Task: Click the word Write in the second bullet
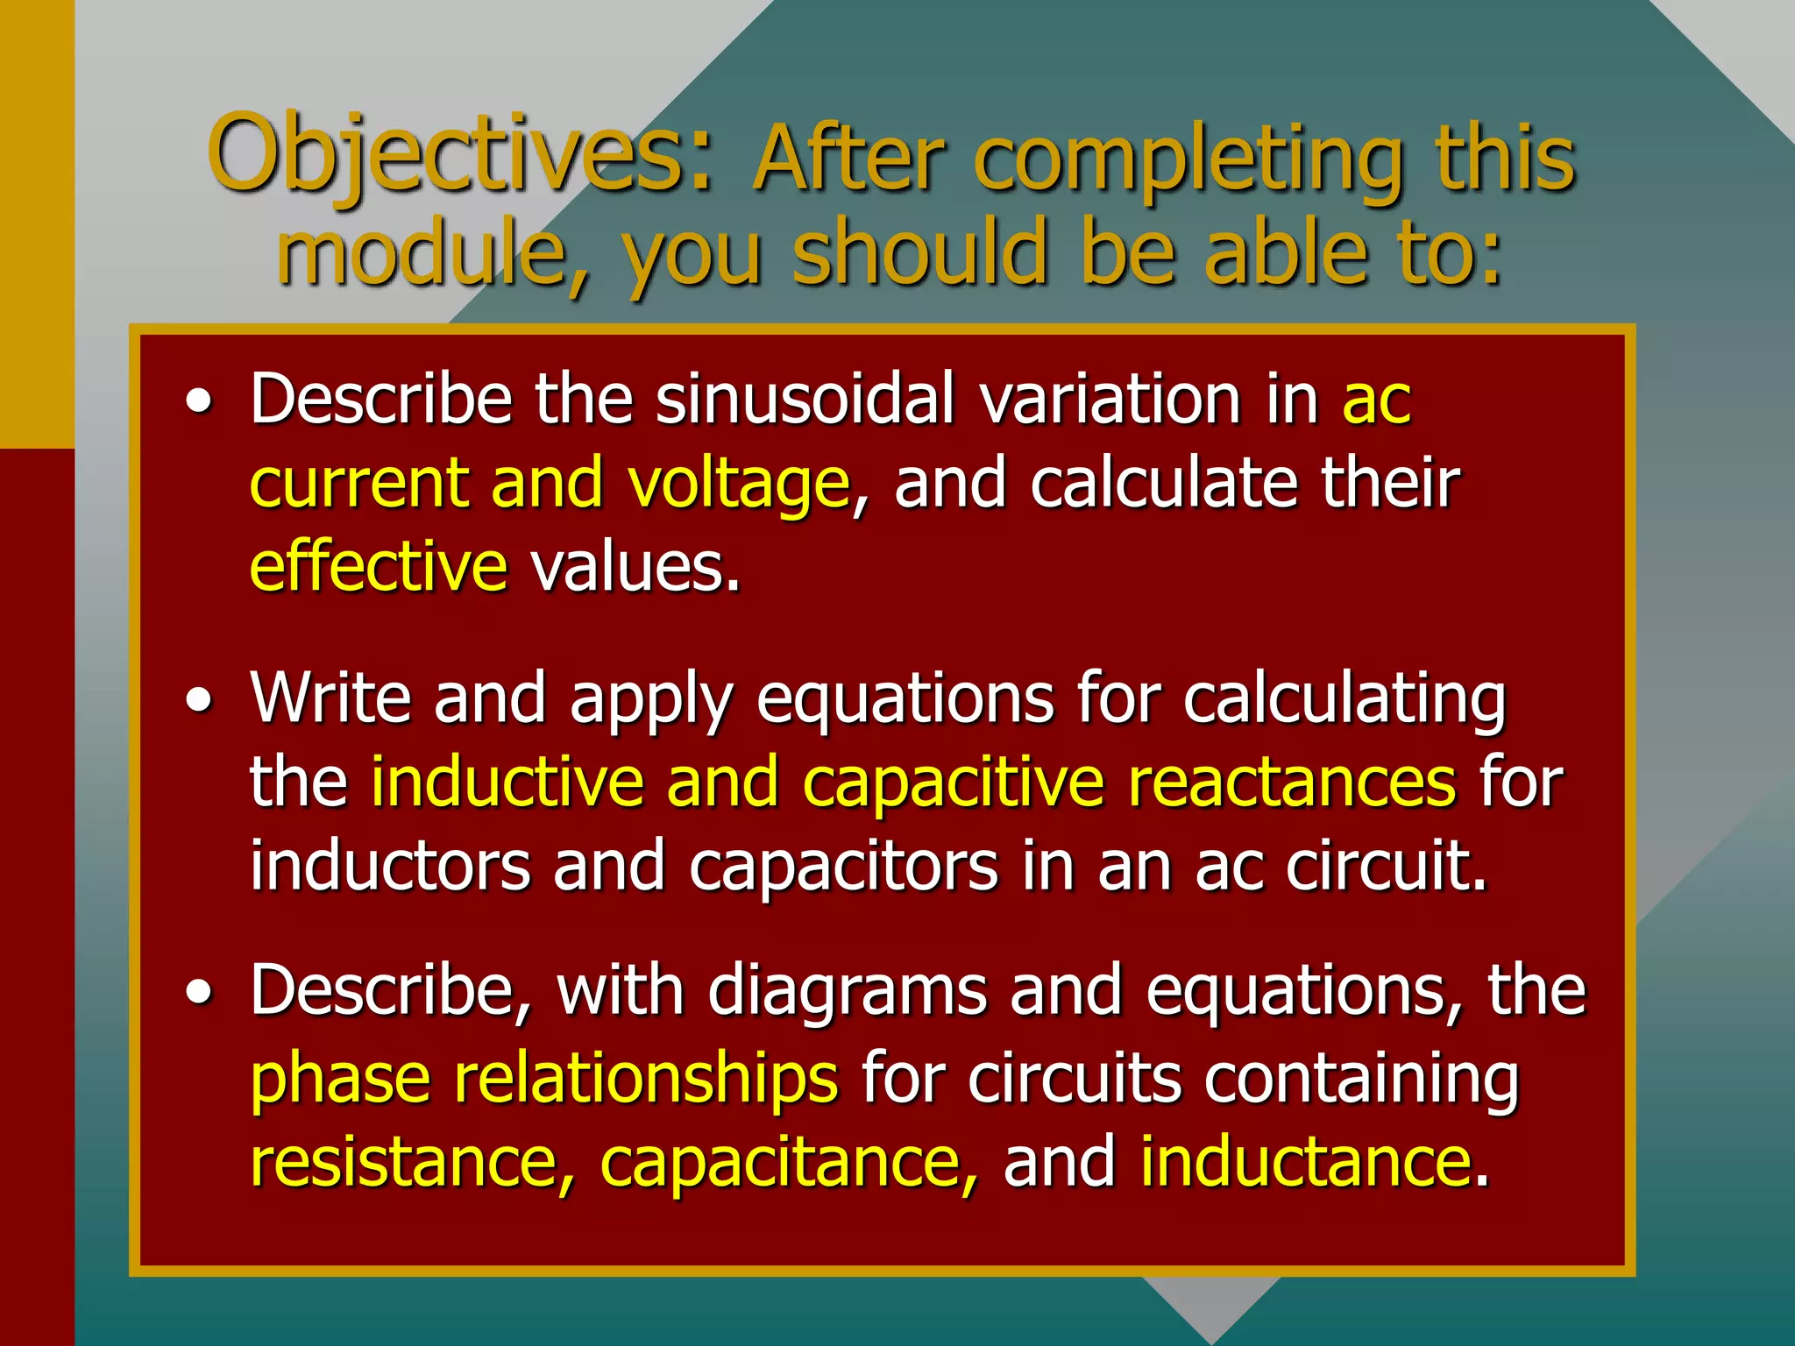click(x=330, y=698)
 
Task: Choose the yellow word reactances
click(x=1292, y=782)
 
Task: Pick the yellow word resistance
click(x=412, y=1162)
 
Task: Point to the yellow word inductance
click(x=1305, y=1162)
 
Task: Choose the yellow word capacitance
click(x=788, y=1162)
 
